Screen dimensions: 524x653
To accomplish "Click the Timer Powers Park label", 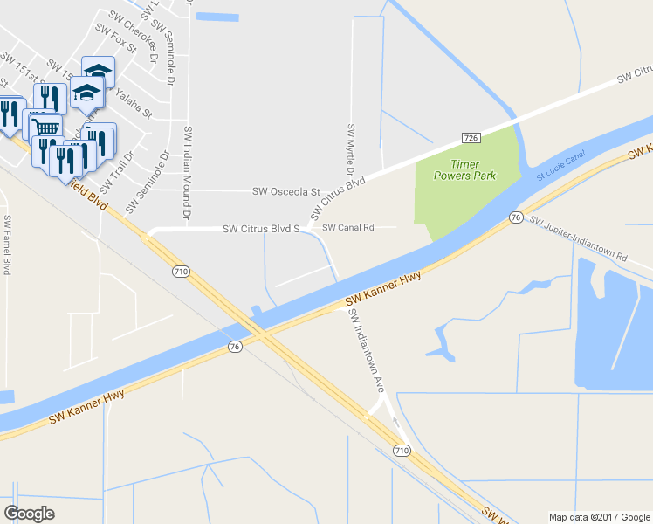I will pos(465,169).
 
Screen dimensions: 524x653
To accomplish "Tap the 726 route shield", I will pos(471,138).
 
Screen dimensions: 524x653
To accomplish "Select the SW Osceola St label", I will pos(286,191).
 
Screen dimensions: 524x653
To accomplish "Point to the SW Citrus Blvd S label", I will pos(261,229).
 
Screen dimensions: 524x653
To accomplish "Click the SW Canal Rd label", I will pos(347,228).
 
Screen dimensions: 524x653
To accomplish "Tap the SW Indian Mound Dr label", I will pos(187,171).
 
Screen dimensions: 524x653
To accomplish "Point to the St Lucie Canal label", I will pos(561,169).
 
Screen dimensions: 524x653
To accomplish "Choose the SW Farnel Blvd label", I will pos(7,245).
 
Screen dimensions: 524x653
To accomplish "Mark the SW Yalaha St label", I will pos(128,106).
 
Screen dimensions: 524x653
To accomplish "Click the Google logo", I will pos(29,513).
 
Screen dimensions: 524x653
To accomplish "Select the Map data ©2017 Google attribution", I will pos(598,516).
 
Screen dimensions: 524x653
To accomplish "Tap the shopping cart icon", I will pos(46,128).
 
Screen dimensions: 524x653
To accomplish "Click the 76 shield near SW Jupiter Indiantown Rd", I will pos(516,217).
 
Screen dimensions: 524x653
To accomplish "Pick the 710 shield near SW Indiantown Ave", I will pos(401,450).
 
